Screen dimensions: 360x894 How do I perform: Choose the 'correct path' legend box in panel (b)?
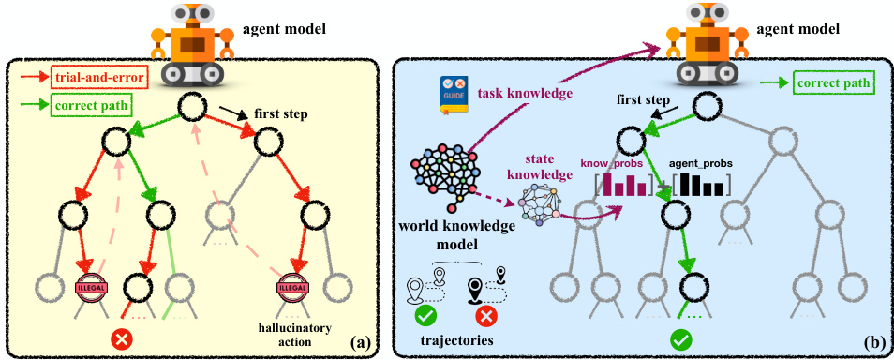click(828, 83)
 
